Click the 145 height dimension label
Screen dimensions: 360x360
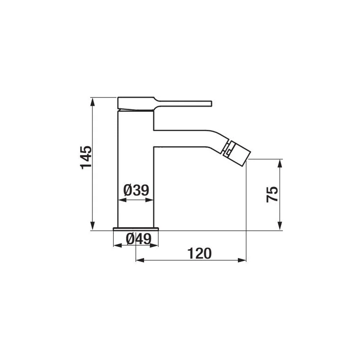click(x=86, y=157)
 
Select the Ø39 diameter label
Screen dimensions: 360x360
click(x=136, y=190)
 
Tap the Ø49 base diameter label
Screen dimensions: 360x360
click(x=139, y=239)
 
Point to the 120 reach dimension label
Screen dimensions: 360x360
click(x=199, y=253)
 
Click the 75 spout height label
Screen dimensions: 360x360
click(x=272, y=194)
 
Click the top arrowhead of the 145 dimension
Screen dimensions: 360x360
click(x=93, y=102)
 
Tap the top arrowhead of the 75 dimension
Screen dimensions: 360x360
click(x=280, y=164)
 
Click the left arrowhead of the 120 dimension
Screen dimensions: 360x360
click(x=140, y=260)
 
